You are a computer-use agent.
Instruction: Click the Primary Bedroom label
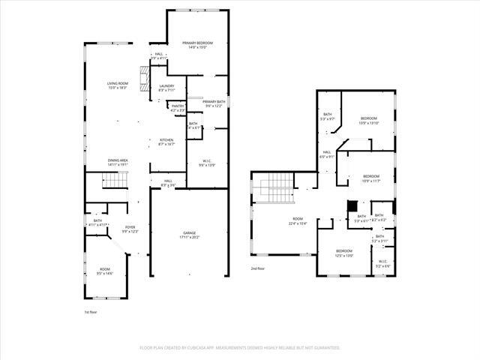click(197, 45)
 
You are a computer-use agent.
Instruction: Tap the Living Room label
click(117, 85)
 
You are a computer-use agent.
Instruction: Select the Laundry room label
click(166, 88)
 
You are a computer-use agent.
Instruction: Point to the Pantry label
click(177, 108)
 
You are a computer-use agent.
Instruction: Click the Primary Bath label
click(213, 103)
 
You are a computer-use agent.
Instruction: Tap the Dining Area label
click(117, 161)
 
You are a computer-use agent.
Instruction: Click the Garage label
click(190, 235)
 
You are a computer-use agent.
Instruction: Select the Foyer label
click(130, 229)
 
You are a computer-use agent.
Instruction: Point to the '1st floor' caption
click(91, 311)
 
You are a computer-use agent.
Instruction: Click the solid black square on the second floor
click(350, 205)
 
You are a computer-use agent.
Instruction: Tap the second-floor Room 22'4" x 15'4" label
click(298, 221)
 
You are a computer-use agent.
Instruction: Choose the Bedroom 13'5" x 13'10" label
click(369, 121)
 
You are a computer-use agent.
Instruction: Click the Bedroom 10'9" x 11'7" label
click(372, 178)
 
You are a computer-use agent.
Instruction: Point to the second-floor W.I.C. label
click(382, 264)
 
